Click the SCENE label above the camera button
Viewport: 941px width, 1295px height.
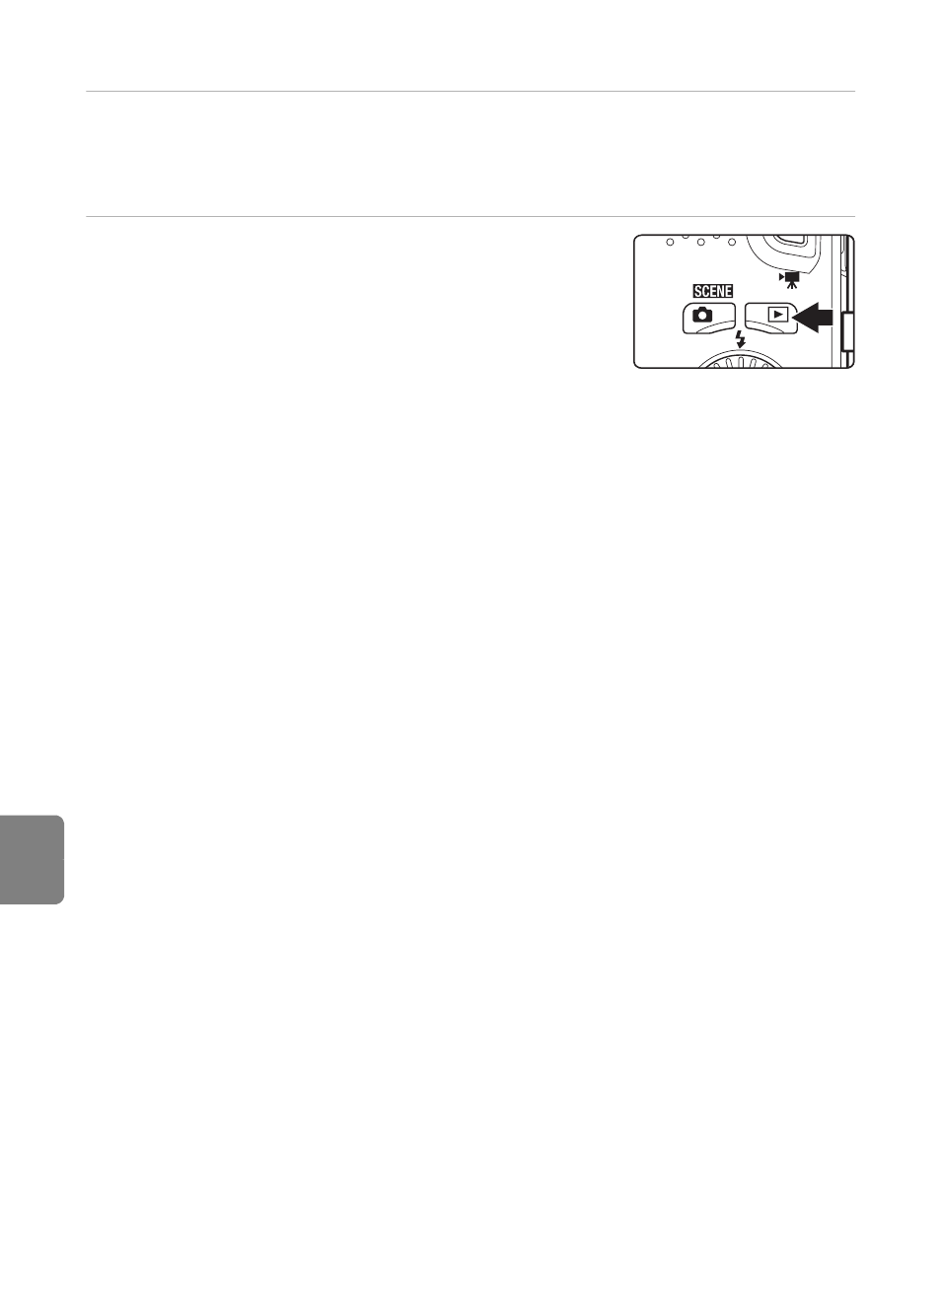(713, 291)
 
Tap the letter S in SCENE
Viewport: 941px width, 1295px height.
(698, 291)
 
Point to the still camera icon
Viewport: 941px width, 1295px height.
(702, 315)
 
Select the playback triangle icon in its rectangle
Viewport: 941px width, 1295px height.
(777, 315)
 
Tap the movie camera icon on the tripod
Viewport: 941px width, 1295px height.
(789, 280)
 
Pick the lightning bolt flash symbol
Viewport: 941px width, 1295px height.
(740, 338)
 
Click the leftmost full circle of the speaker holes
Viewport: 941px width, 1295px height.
(670, 243)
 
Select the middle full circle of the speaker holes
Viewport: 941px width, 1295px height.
(700, 243)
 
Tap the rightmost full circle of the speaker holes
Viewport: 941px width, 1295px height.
(731, 243)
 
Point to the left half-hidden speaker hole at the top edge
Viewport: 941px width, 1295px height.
(685, 236)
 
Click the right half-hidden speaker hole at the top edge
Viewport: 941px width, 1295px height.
(715, 236)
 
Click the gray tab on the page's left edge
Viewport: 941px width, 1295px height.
(32, 860)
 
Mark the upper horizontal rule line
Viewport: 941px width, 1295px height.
(470, 92)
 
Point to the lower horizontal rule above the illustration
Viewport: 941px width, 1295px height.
(470, 217)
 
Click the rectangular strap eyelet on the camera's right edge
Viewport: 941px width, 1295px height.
(848, 331)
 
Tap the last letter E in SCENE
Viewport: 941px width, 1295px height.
(728, 291)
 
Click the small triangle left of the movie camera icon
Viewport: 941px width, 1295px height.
(781, 276)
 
